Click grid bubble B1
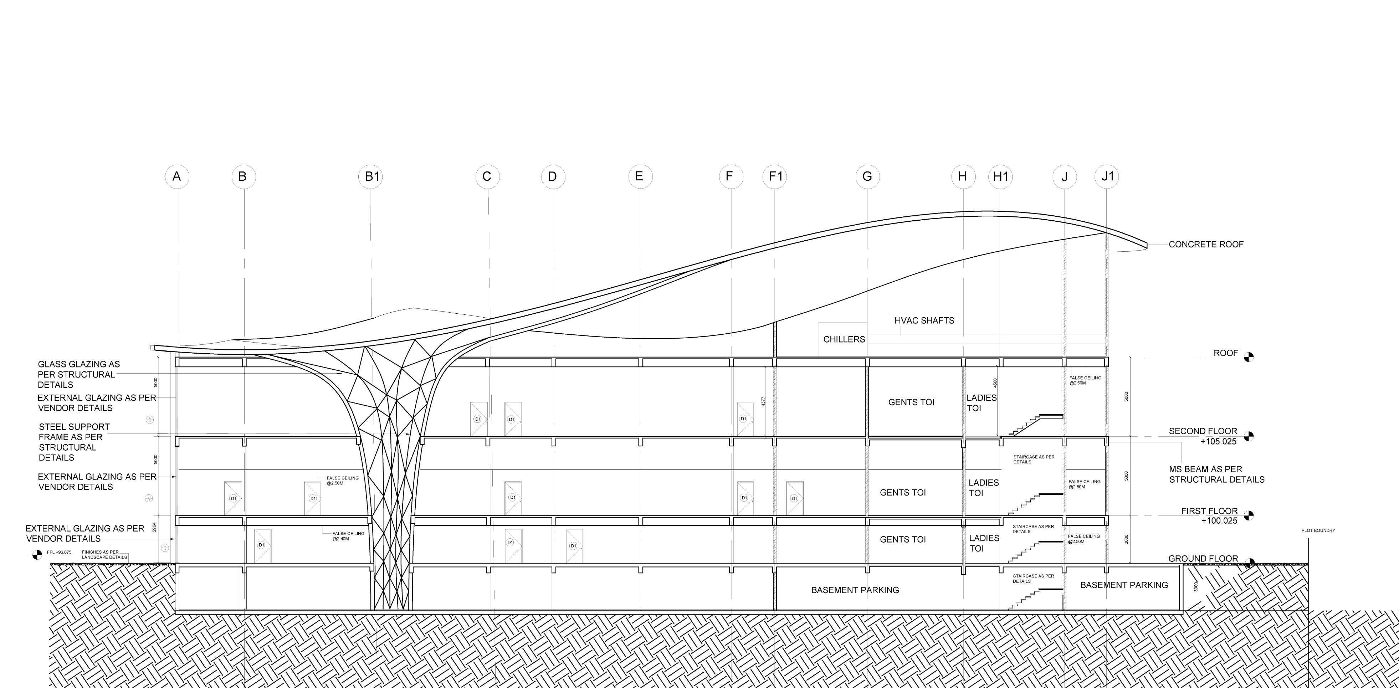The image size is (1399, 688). point(371,176)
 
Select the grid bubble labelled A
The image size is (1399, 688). point(176,176)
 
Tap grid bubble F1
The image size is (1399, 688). point(775,176)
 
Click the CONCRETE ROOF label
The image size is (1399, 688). point(1206,244)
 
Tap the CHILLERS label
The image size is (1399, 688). point(844,339)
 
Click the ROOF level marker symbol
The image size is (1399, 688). point(1249,357)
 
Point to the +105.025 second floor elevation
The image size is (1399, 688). point(1218,441)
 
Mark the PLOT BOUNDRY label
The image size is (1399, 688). point(1318,530)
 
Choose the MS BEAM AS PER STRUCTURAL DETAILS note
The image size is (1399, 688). point(1216,474)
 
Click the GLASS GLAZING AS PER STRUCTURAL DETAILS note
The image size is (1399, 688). point(79,374)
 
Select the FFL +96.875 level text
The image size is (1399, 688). point(59,552)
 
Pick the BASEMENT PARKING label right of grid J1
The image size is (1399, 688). point(1124,585)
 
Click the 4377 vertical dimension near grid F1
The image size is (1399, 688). point(763,401)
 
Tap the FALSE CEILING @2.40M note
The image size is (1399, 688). point(348,536)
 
